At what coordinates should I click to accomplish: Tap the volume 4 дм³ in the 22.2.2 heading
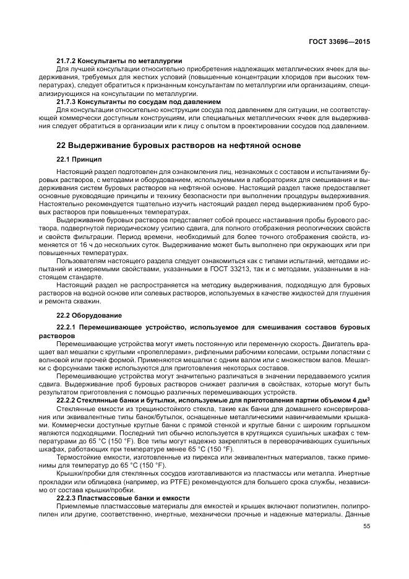(x=360, y=399)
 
